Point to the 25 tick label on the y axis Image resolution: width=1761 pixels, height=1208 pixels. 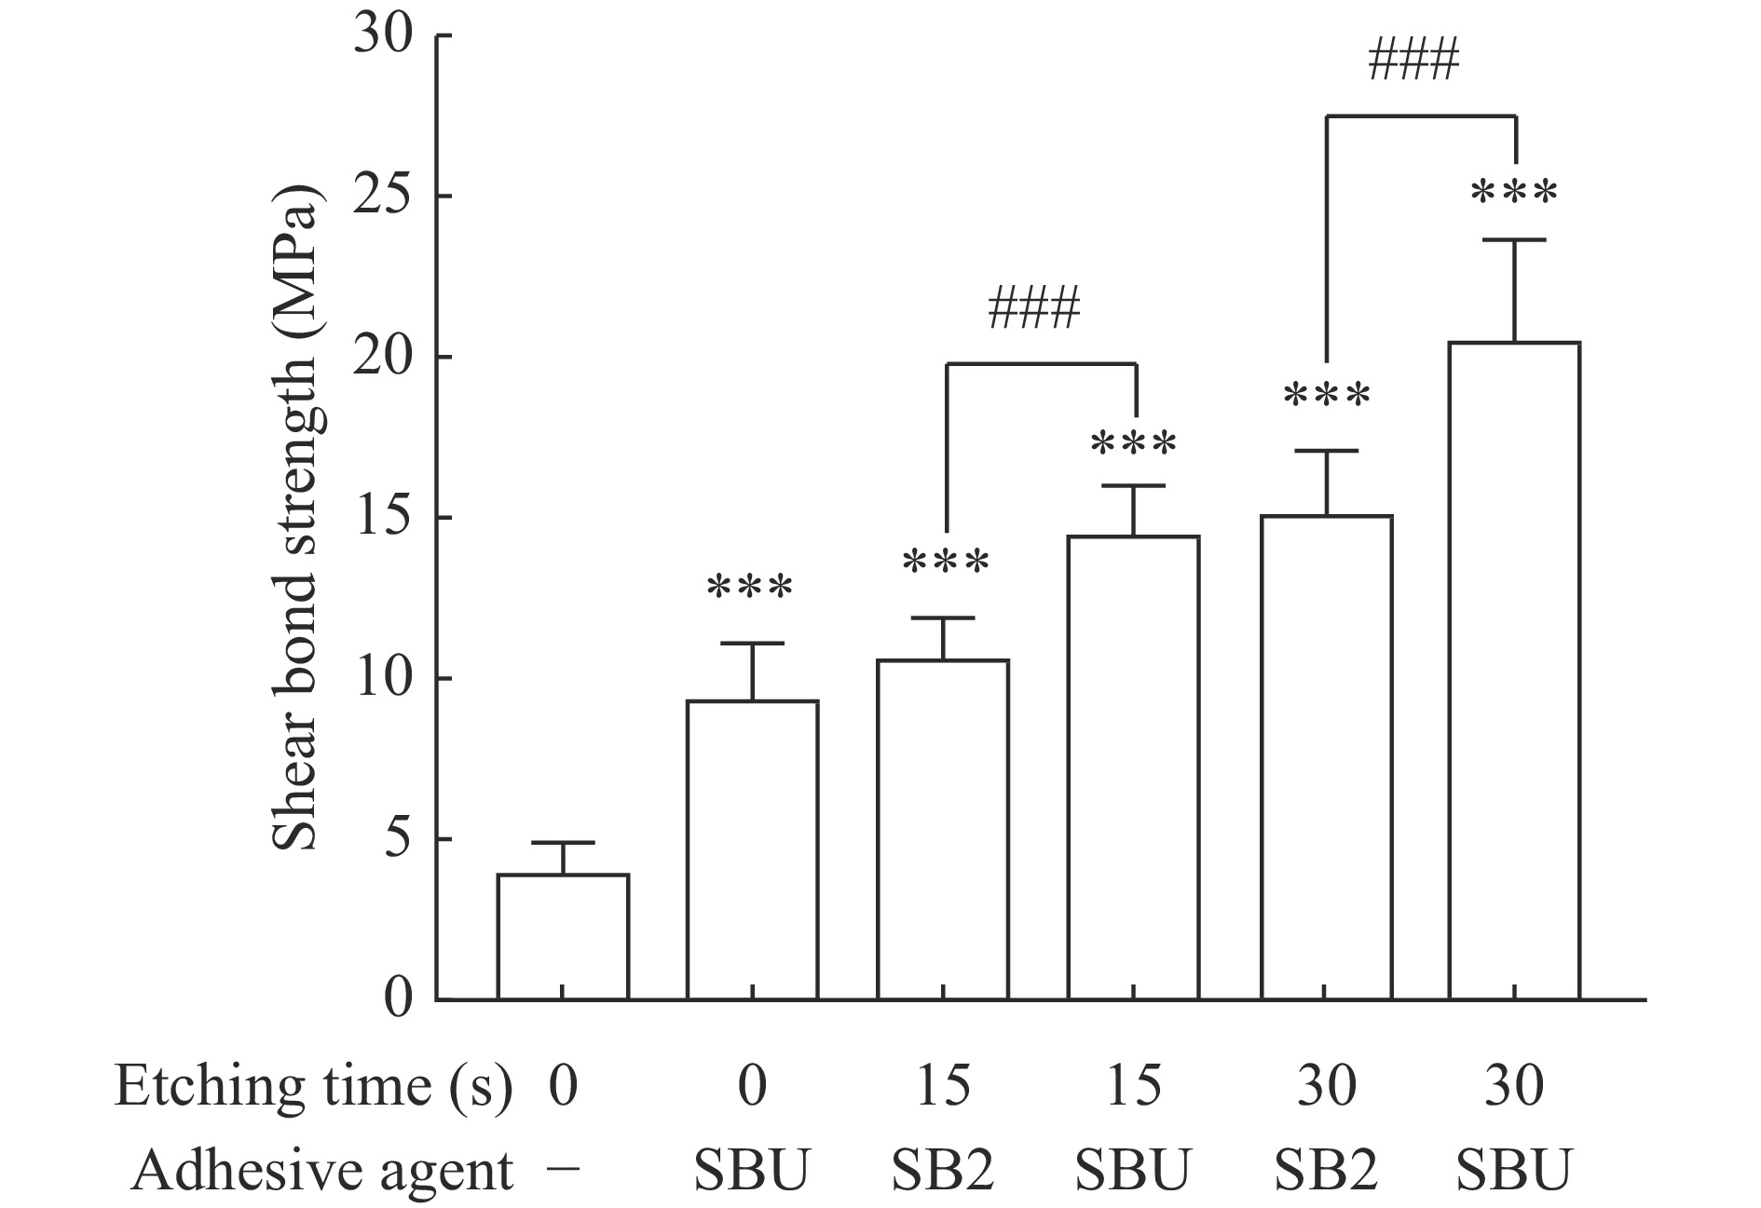point(383,197)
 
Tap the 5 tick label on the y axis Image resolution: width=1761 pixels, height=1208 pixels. point(398,839)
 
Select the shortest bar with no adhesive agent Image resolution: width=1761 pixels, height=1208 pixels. point(563,936)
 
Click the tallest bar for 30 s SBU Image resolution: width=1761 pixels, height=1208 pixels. point(1514,671)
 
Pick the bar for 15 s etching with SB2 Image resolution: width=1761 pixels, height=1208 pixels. point(943,829)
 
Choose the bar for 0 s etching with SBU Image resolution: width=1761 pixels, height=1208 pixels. point(752,849)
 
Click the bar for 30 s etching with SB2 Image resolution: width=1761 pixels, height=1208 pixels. point(1326,756)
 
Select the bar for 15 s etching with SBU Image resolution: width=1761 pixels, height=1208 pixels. point(1133,767)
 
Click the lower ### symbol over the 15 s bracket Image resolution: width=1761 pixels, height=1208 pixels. point(1034,310)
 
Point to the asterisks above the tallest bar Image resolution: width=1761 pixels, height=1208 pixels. point(1514,194)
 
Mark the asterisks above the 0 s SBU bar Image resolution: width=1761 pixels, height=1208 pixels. point(750,589)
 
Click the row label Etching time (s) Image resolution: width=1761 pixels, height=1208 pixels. point(313,1086)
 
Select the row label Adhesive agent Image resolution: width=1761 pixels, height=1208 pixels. point(322,1170)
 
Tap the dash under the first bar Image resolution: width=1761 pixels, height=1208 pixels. point(563,1168)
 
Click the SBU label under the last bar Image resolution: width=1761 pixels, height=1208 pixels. point(1514,1170)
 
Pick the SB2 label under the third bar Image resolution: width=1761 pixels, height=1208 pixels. point(943,1170)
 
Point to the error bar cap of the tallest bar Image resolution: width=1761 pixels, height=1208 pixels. point(1514,240)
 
